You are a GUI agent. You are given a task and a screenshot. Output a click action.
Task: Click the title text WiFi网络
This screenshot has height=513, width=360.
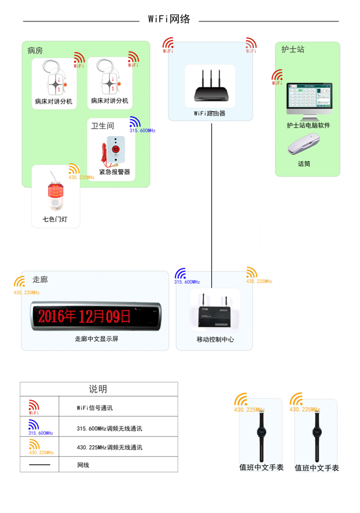coord(169,19)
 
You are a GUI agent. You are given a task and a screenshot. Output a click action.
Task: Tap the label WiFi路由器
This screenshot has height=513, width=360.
coord(210,114)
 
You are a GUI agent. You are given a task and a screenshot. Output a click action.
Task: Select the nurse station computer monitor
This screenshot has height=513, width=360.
coord(309,99)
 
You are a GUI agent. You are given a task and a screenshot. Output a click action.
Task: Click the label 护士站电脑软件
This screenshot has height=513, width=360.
coord(308,126)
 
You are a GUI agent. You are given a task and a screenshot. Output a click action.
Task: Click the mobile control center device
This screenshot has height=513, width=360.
coord(215,312)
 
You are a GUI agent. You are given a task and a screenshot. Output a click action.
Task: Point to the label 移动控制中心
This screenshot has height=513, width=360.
coord(215,340)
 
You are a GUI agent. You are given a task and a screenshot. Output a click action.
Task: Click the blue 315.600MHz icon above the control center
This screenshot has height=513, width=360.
coord(181,275)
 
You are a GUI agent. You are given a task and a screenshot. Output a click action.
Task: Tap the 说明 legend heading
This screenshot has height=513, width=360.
coord(98,389)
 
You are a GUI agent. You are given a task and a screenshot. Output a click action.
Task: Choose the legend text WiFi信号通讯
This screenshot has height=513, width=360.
coord(95,408)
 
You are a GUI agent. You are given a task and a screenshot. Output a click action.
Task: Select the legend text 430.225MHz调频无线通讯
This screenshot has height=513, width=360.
coord(109,446)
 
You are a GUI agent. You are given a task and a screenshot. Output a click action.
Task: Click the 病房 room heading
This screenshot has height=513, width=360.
coord(35,51)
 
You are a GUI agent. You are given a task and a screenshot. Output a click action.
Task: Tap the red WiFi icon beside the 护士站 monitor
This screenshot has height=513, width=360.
coord(277,77)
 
